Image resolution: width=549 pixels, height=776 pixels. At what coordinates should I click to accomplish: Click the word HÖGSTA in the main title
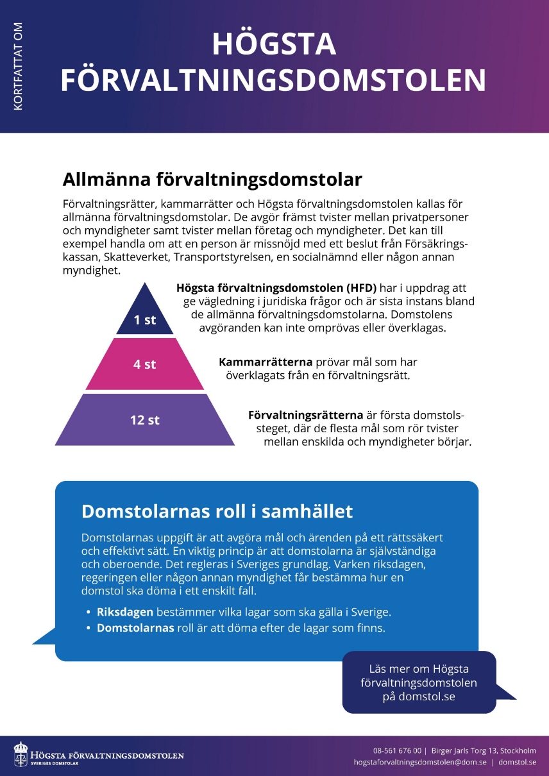pyautogui.click(x=274, y=44)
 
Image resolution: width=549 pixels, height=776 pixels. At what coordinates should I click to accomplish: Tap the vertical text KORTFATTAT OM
pyautogui.click(x=18, y=66)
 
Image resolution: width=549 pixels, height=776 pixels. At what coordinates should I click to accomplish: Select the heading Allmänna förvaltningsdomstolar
pyautogui.click(x=212, y=178)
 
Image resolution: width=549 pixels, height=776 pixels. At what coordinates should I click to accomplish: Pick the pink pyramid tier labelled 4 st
pyautogui.click(x=145, y=364)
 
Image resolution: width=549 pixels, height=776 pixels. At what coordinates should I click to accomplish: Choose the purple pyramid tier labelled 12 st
pyautogui.click(x=145, y=420)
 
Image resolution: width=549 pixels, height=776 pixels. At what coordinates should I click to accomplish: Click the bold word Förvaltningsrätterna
pyautogui.click(x=305, y=414)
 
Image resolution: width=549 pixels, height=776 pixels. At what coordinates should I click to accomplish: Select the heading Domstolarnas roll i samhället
pyautogui.click(x=217, y=511)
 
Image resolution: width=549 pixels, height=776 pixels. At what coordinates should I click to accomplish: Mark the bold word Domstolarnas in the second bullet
pyautogui.click(x=135, y=628)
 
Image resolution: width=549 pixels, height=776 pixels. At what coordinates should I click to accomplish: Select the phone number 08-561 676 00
pyautogui.click(x=397, y=750)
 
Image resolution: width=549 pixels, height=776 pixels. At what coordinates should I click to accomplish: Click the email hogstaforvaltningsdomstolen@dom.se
pyautogui.click(x=420, y=763)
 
